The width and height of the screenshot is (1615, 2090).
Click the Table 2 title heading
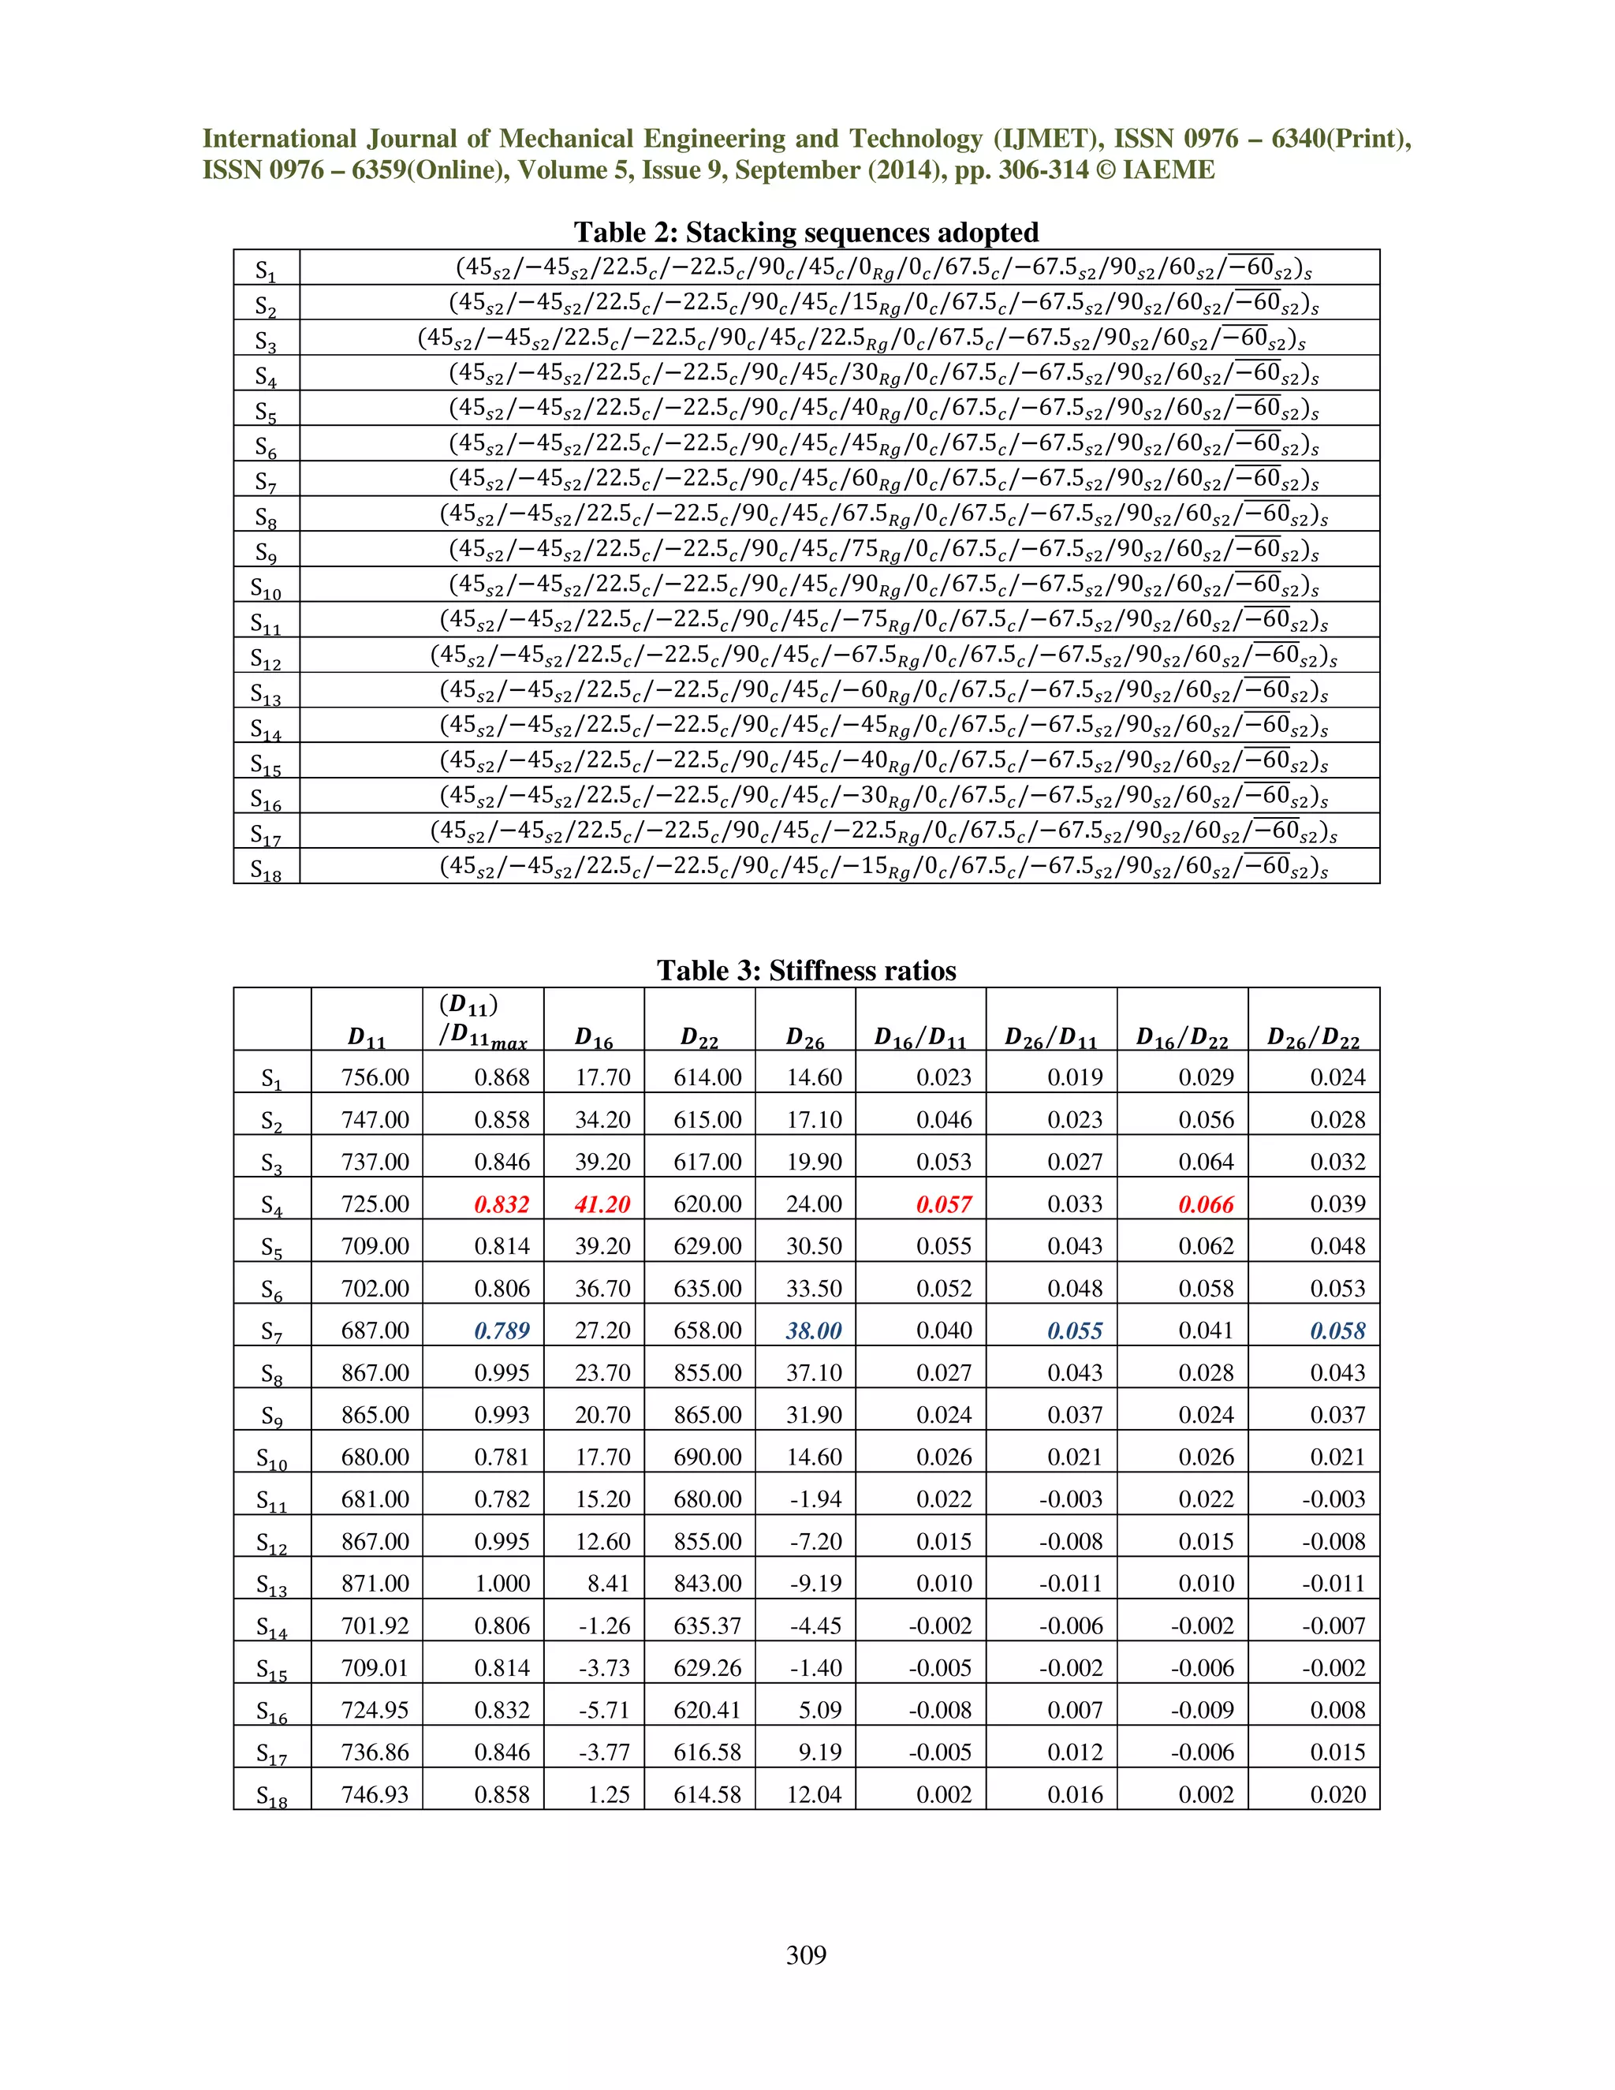(806, 233)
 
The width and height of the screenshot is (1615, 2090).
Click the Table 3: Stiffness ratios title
(806, 970)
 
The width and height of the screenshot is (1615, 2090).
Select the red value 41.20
(602, 1204)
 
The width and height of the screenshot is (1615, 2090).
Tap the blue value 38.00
(813, 1331)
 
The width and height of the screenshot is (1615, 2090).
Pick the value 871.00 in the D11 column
(375, 1583)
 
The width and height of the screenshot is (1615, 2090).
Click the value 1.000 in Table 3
(502, 1583)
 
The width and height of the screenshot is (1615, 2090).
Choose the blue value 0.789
(502, 1331)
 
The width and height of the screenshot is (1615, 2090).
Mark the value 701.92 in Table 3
(375, 1625)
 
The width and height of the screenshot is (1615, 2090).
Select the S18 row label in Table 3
(272, 1796)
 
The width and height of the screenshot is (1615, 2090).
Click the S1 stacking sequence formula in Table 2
(882, 267)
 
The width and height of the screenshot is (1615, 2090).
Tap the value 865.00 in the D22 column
(707, 1414)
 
